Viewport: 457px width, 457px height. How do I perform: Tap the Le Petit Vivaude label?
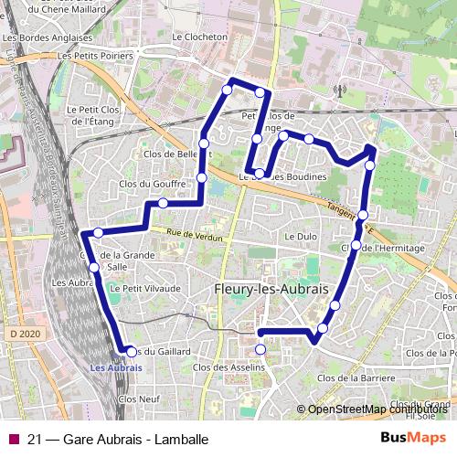pos(145,288)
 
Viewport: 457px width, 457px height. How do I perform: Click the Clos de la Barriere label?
pos(350,377)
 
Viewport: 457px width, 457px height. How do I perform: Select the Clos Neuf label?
pos(139,399)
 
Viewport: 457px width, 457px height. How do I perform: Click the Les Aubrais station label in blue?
pos(116,367)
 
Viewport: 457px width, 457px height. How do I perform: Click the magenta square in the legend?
pos(12,438)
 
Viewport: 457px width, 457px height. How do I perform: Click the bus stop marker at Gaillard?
pos(132,352)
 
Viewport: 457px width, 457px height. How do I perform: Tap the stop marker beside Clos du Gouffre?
pos(163,203)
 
